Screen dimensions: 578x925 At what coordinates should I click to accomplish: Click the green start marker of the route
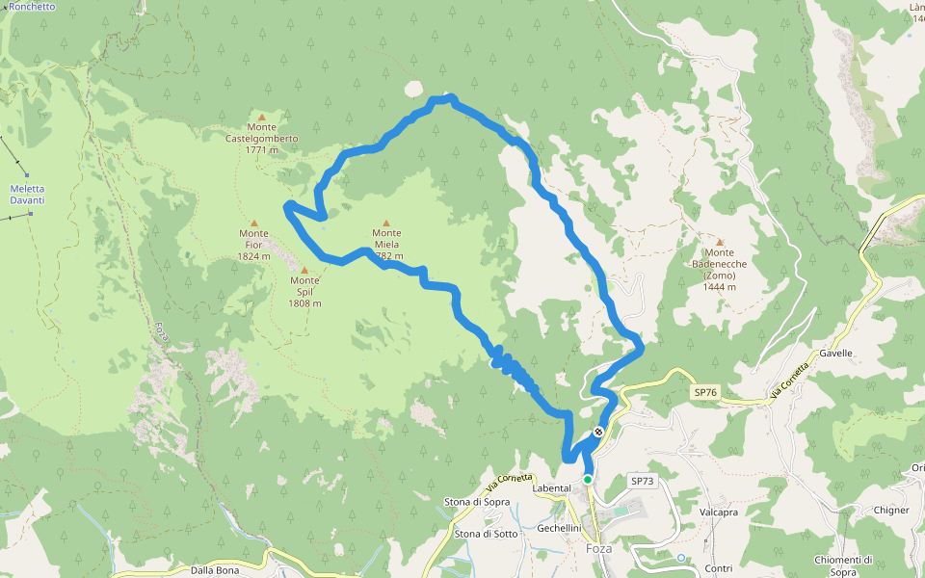click(x=587, y=479)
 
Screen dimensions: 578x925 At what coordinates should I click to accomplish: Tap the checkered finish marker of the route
click(x=598, y=432)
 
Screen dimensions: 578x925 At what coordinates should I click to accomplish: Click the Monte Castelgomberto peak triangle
click(x=261, y=118)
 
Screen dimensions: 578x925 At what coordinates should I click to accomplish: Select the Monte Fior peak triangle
click(x=254, y=223)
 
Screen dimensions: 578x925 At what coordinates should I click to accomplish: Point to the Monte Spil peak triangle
click(x=304, y=270)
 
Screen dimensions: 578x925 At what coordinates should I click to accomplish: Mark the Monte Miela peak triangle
click(x=386, y=223)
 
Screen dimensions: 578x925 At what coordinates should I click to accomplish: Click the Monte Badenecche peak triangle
click(x=719, y=242)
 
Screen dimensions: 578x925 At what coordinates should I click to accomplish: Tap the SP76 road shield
click(x=705, y=392)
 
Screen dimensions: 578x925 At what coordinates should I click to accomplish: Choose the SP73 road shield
click(x=642, y=480)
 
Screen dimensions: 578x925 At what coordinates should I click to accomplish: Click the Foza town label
click(x=599, y=549)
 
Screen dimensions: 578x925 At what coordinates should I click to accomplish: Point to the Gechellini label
click(x=560, y=528)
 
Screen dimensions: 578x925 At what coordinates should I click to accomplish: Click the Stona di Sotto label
click(x=486, y=534)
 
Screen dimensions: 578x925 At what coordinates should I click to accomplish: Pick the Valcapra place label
click(x=719, y=512)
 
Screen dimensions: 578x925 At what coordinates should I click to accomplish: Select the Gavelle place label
click(x=835, y=354)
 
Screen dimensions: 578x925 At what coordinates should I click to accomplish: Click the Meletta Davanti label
click(x=27, y=195)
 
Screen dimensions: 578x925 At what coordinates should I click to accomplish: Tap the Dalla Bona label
click(x=214, y=569)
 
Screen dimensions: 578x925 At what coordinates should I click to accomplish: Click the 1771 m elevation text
click(x=261, y=150)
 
